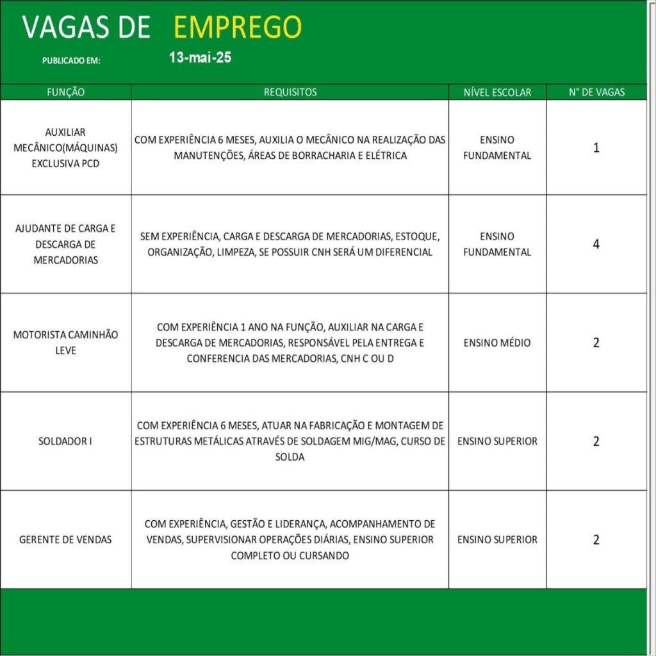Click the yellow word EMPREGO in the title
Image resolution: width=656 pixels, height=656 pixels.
tap(237, 27)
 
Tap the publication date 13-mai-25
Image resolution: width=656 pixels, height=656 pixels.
tap(200, 58)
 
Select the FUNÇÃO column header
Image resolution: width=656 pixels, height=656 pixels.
tap(65, 92)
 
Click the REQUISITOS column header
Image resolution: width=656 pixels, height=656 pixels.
tap(290, 92)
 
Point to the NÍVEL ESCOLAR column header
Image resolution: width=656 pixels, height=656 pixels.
tap(497, 92)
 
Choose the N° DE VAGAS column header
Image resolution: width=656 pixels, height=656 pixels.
tap(596, 92)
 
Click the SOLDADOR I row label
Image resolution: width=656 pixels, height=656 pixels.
tap(65, 441)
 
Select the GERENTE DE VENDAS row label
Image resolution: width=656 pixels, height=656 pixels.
tap(65, 539)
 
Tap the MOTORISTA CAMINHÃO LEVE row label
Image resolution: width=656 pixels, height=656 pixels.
tap(65, 343)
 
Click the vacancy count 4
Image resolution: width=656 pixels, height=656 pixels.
tap(596, 244)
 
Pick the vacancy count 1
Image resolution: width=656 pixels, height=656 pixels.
tap(596, 148)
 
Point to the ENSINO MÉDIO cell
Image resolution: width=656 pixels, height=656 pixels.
tap(497, 343)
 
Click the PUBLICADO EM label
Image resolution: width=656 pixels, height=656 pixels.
tap(72, 61)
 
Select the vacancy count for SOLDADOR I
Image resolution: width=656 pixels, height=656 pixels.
tap(596, 441)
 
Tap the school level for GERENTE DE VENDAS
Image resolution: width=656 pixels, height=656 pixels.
tap(497, 539)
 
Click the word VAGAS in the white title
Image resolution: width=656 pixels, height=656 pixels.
tap(61, 27)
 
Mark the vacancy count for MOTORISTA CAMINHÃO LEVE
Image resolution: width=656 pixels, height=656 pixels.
tap(596, 343)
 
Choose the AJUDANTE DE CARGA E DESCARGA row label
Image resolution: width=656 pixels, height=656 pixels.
tap(65, 244)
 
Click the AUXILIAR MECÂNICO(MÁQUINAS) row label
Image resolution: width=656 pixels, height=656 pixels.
tap(65, 148)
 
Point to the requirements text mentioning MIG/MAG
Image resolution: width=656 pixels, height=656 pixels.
tap(290, 441)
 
